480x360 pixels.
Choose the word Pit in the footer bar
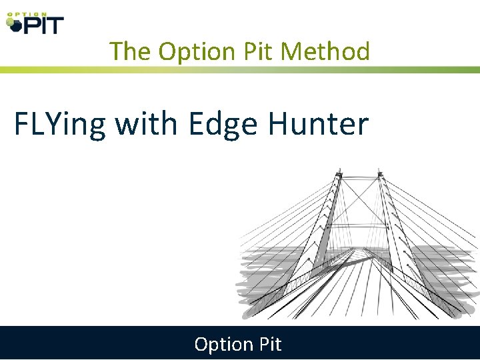268,344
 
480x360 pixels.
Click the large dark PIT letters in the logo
43,25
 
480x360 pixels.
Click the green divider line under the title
240,69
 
